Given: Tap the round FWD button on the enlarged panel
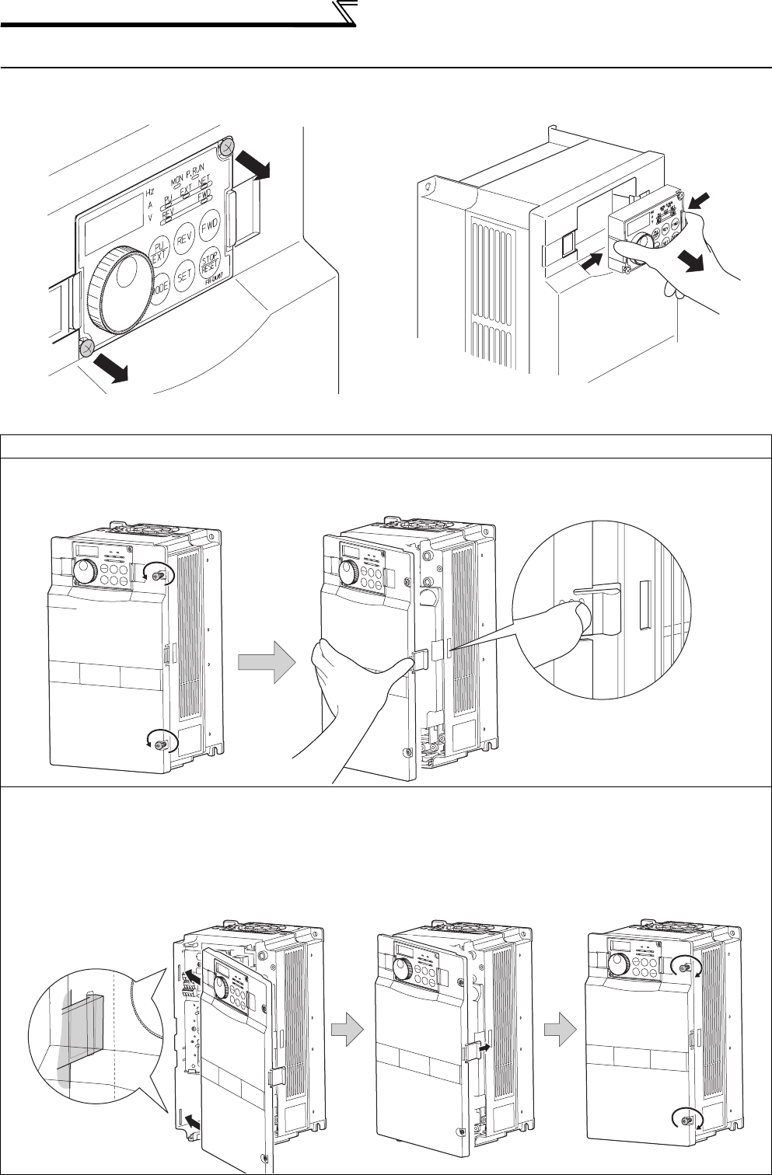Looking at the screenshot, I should (209, 228).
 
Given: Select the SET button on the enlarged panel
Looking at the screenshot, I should (184, 274).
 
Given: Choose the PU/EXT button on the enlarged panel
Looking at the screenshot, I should (159, 250).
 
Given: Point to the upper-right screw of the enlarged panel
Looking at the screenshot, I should (227, 148).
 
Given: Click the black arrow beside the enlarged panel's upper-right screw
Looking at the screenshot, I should (253, 166).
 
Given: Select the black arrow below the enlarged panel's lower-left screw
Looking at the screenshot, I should (111, 370).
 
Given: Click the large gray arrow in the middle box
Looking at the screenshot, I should (267, 666).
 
